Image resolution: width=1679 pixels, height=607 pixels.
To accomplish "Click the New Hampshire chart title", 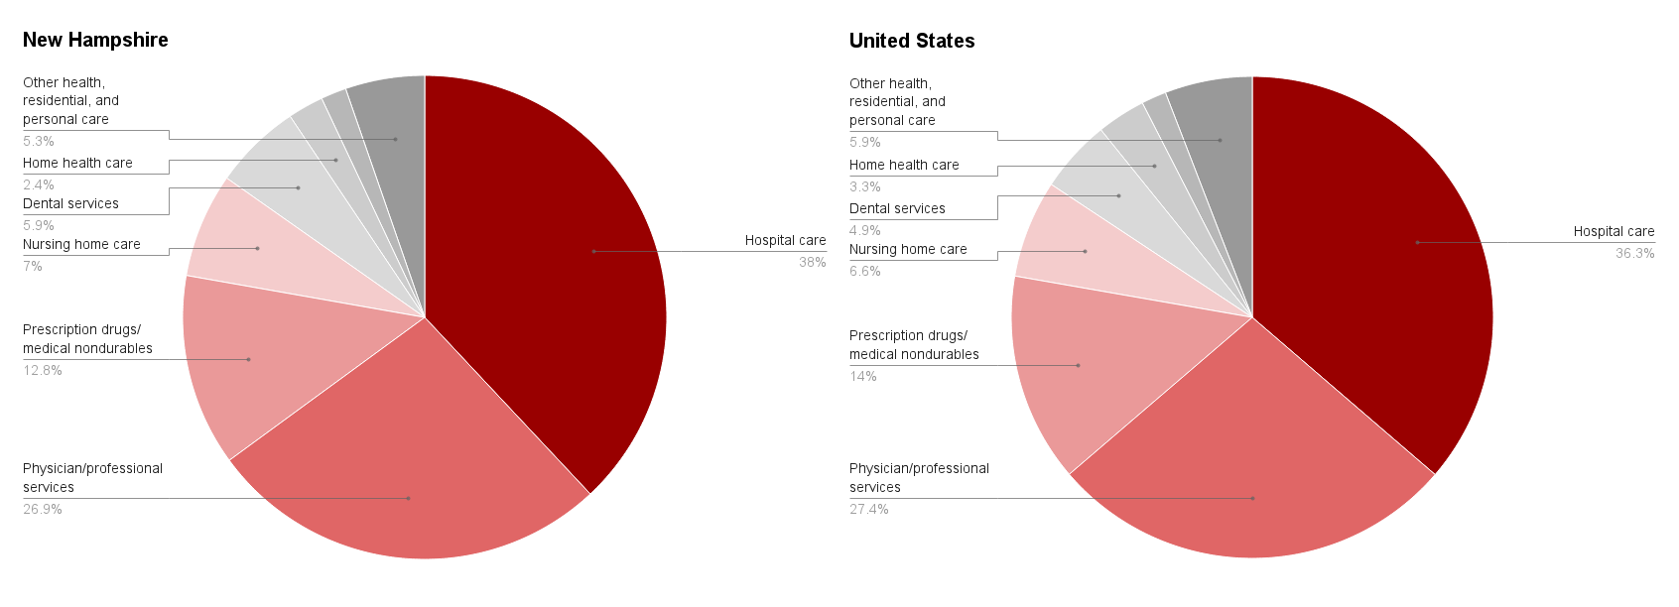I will click(95, 40).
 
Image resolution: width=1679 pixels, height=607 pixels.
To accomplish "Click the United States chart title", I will click(911, 41).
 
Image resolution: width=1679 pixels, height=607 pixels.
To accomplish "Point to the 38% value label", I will click(812, 262).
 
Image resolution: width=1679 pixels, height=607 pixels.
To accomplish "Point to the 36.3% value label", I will click(1634, 253).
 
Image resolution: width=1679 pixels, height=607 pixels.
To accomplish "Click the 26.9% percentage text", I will click(43, 509).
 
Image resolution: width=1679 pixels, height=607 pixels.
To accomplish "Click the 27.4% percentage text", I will click(868, 509).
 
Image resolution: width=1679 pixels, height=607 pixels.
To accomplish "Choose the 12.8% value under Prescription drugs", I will click(43, 370).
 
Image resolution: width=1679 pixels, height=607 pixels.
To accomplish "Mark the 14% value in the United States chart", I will click(862, 376).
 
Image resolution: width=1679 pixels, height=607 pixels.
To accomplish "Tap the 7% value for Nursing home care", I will click(33, 266).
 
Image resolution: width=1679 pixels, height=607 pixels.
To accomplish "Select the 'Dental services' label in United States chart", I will click(897, 208).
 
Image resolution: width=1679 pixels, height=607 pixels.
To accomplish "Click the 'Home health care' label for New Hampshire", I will click(77, 163).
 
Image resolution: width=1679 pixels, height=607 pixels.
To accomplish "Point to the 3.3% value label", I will click(864, 186).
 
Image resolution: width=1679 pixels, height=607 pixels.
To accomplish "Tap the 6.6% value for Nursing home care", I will click(864, 271).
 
